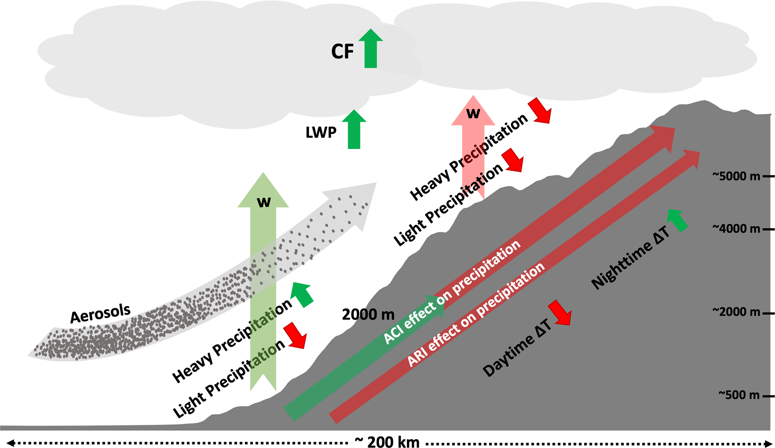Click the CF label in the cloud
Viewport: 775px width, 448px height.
[342, 52]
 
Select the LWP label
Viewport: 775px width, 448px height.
[321, 133]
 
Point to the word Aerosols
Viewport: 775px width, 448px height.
[100, 313]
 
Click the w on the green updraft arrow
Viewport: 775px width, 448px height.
[264, 202]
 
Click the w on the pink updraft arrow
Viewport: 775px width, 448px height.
[473, 113]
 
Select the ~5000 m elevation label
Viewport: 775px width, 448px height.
[736, 176]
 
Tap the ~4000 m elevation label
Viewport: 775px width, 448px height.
[736, 228]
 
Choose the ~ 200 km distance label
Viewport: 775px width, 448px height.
[387, 442]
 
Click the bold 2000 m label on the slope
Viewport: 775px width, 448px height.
[368, 315]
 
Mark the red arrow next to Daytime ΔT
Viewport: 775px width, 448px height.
[560, 312]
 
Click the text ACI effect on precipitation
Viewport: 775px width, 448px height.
[452, 292]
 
